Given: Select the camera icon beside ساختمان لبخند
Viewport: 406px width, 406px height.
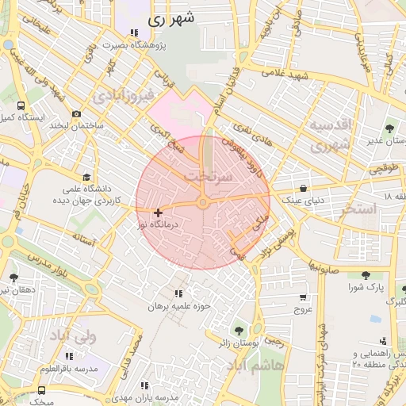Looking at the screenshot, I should pyautogui.click(x=76, y=113).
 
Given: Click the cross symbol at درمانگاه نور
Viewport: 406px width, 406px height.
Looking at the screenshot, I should pyautogui.click(x=159, y=213).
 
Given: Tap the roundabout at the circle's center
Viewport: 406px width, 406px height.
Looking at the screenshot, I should pyautogui.click(x=203, y=204).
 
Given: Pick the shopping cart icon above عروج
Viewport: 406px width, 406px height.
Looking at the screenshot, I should pyautogui.click(x=303, y=297).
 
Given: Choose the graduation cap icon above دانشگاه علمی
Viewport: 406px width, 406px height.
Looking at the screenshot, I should pyautogui.click(x=86, y=178).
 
